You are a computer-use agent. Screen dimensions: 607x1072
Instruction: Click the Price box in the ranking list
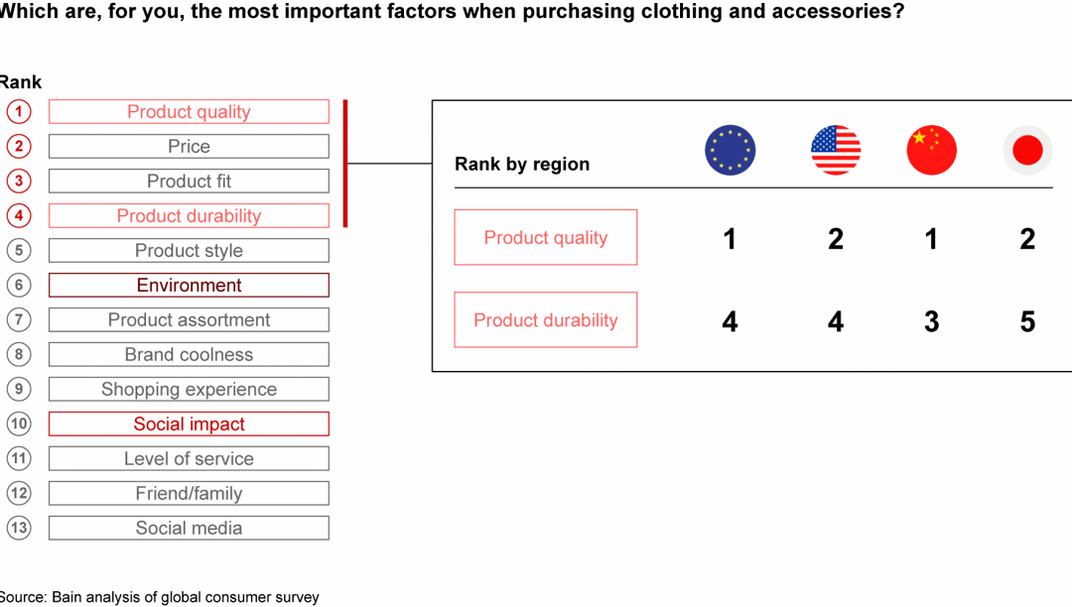tap(189, 147)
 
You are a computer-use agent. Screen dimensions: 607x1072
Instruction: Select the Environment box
tap(189, 286)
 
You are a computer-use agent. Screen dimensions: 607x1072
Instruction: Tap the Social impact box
tap(189, 425)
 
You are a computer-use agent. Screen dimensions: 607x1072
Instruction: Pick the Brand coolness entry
tap(189, 355)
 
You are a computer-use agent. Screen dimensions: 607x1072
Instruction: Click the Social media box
tap(189, 529)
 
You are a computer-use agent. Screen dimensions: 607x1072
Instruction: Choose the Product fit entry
tap(189, 182)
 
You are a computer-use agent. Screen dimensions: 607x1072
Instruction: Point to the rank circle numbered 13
tap(18, 528)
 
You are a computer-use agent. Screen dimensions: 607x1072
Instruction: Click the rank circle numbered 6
tap(18, 285)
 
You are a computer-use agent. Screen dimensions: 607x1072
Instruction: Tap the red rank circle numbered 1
tap(18, 111)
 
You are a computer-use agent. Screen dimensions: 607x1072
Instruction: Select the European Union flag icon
tap(730, 151)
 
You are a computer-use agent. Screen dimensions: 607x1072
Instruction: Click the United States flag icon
tap(836, 151)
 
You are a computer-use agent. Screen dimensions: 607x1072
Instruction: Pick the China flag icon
tap(931, 151)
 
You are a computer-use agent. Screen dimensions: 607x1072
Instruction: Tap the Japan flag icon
tap(1027, 151)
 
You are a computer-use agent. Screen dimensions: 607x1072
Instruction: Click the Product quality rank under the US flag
tap(836, 239)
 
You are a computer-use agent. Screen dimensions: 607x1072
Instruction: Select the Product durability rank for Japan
tap(1027, 321)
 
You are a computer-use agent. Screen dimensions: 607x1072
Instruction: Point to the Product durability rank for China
tap(931, 321)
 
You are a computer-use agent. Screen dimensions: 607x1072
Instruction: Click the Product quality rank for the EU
tap(730, 239)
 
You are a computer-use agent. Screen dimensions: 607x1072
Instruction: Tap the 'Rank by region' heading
tap(522, 165)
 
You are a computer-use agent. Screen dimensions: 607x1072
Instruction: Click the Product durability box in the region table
tap(546, 320)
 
